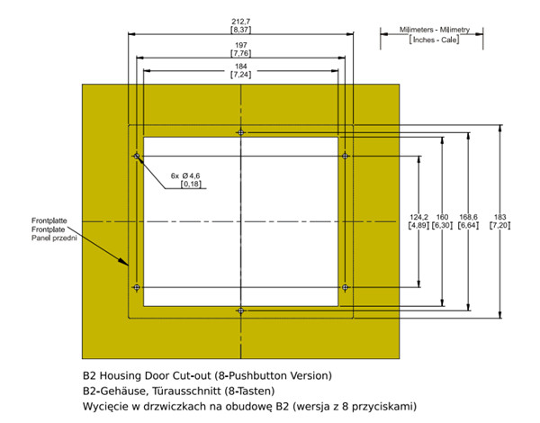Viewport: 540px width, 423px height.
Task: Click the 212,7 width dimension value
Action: pyautogui.click(x=240, y=22)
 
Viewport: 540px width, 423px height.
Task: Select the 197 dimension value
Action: pyautogui.click(x=241, y=45)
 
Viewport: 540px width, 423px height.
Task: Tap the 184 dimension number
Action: pyautogui.click(x=240, y=66)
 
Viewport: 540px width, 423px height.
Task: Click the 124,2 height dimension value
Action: pyautogui.click(x=418, y=217)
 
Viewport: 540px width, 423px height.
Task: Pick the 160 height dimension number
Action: pyautogui.click(x=442, y=217)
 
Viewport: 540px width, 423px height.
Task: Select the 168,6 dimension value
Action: pyautogui.click(x=468, y=217)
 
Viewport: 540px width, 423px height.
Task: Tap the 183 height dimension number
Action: pyautogui.click(x=499, y=217)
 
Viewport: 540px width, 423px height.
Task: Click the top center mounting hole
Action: pyautogui.click(x=240, y=132)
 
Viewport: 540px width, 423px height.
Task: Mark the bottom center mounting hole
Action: pyautogui.click(x=240, y=310)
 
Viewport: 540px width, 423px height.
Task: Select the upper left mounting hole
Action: pyautogui.click(x=137, y=156)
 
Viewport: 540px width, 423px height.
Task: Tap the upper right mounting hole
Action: pyautogui.click(x=345, y=156)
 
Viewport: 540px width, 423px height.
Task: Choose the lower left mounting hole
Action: pyautogui.click(x=137, y=287)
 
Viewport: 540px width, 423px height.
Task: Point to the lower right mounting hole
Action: pyautogui.click(x=345, y=287)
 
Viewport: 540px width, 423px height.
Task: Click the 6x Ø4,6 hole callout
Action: pyautogui.click(x=185, y=175)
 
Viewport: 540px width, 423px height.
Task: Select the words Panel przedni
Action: pyautogui.click(x=54, y=238)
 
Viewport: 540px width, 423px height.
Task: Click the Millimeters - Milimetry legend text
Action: pyautogui.click(x=435, y=30)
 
